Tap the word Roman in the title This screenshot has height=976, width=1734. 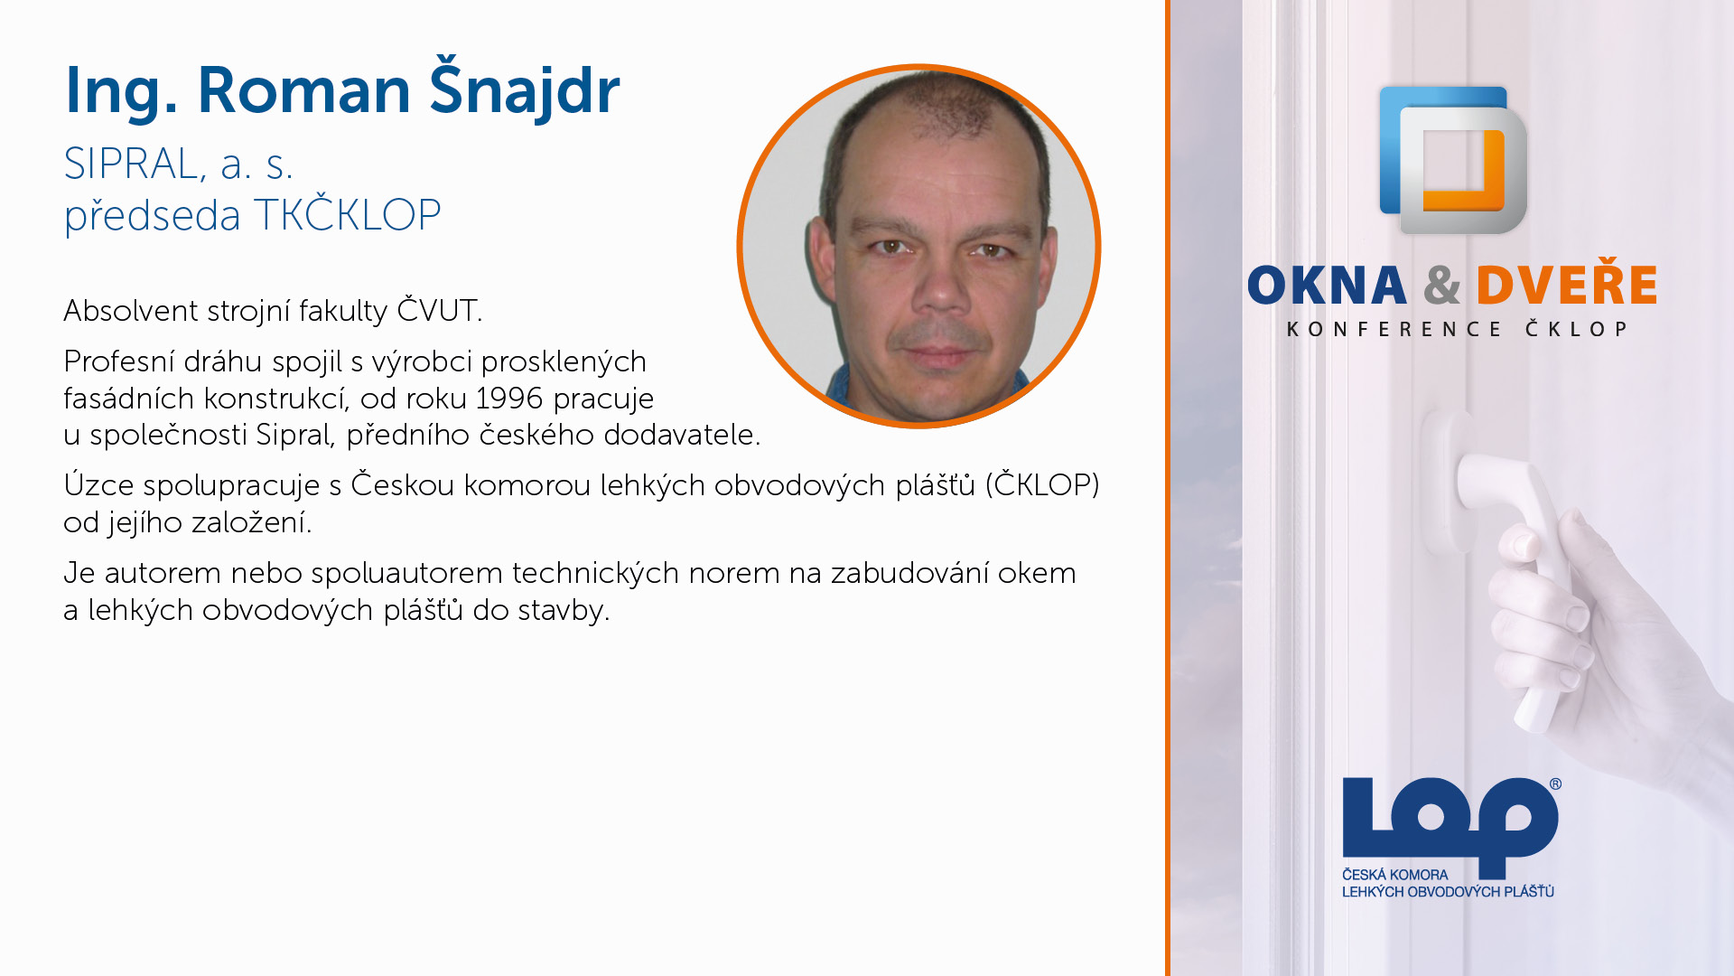tap(304, 90)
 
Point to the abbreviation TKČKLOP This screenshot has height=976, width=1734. tap(348, 214)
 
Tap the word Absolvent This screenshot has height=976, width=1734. tap(131, 310)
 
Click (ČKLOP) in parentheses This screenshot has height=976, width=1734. tap(1042, 484)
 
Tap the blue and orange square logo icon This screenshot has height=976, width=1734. tap(1453, 160)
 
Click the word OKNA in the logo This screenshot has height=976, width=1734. tap(1327, 286)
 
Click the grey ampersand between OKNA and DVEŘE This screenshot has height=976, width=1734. tap(1441, 286)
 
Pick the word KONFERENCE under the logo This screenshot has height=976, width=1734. tap(1394, 329)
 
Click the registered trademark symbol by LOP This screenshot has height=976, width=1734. tap(1555, 784)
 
